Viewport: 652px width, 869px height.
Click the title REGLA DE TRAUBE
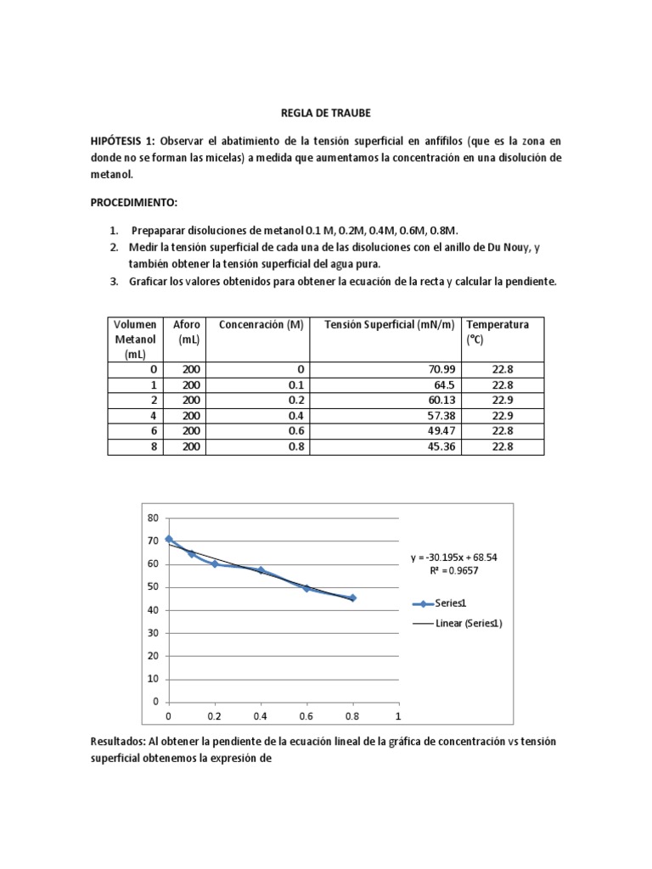click(x=325, y=112)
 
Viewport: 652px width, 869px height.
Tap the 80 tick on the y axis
click(x=154, y=518)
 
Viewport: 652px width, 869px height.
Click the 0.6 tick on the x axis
click(x=306, y=716)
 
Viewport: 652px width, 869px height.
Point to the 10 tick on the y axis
click(x=154, y=679)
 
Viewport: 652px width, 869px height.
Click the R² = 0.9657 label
click(x=453, y=571)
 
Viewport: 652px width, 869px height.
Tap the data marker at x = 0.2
click(x=215, y=563)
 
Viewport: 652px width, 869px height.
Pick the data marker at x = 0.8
click(x=352, y=597)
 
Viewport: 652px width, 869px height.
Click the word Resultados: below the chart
click(x=118, y=741)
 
